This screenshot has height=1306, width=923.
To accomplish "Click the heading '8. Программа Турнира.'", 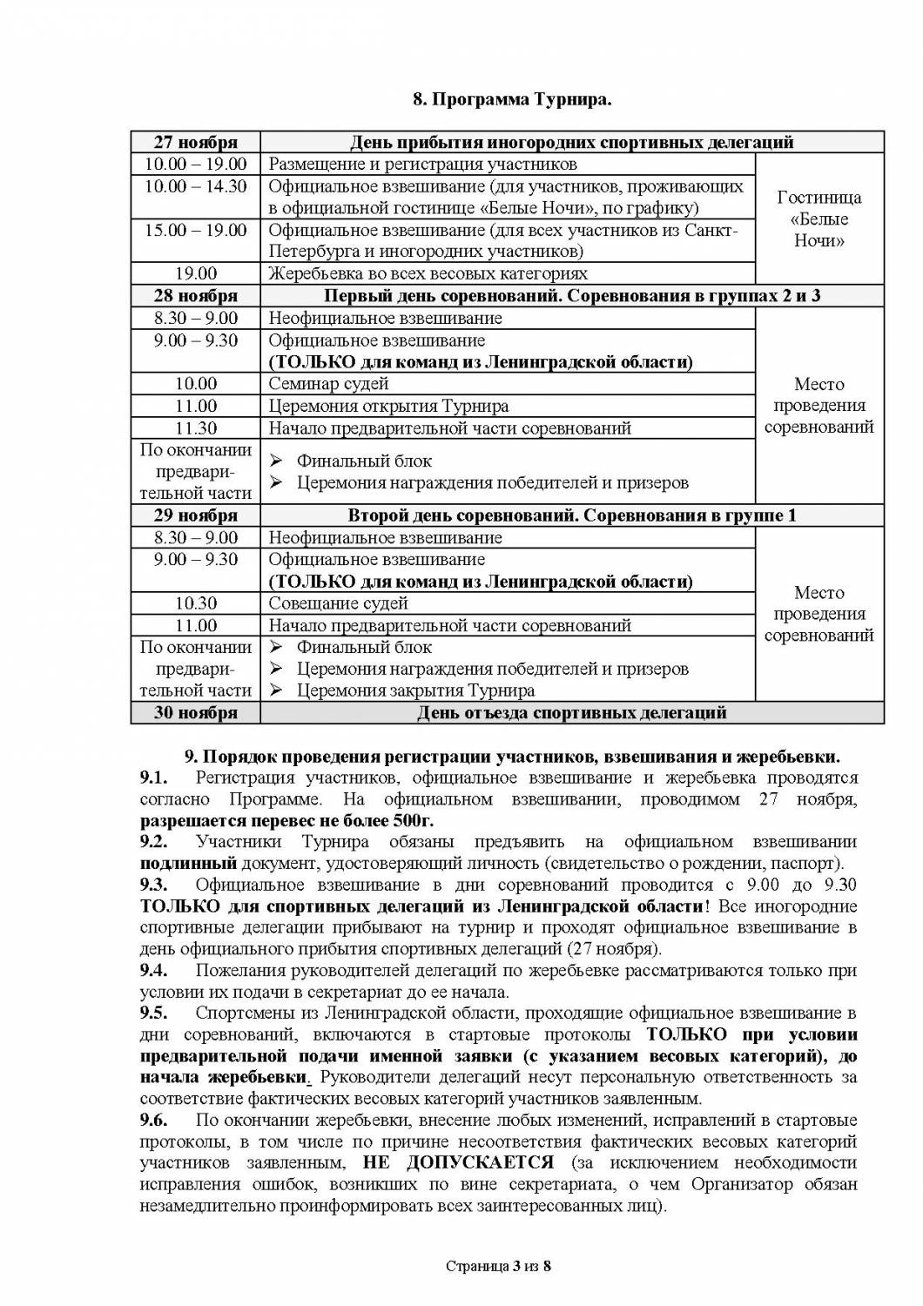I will click(512, 99).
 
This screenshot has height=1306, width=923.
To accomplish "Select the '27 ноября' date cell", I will click(195, 142).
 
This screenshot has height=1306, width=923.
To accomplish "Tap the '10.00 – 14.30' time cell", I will click(195, 186).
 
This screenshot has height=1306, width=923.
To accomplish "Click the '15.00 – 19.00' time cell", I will click(195, 230).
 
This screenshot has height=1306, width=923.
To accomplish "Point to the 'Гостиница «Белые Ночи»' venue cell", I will click(819, 219).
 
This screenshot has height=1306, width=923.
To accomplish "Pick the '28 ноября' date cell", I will click(195, 296).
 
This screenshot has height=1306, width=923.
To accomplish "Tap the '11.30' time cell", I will click(195, 428).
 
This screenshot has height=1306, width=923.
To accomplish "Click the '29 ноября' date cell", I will click(195, 515).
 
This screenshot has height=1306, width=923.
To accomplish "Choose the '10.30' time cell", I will click(195, 603).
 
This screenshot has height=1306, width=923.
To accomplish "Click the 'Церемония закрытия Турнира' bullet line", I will click(415, 691).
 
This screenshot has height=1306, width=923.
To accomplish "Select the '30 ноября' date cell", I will click(195, 713).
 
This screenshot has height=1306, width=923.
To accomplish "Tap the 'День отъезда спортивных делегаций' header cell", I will click(571, 713).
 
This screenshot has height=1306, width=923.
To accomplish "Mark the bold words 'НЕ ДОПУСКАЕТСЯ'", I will click(458, 1162).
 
